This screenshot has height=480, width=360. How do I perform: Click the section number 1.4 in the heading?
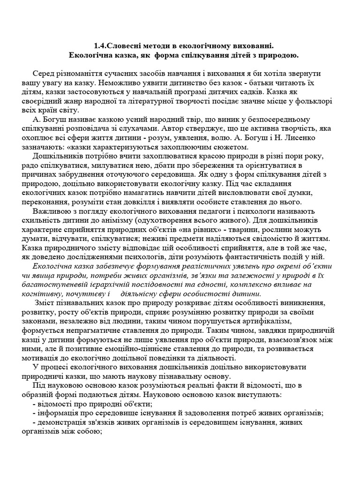(100, 46)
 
